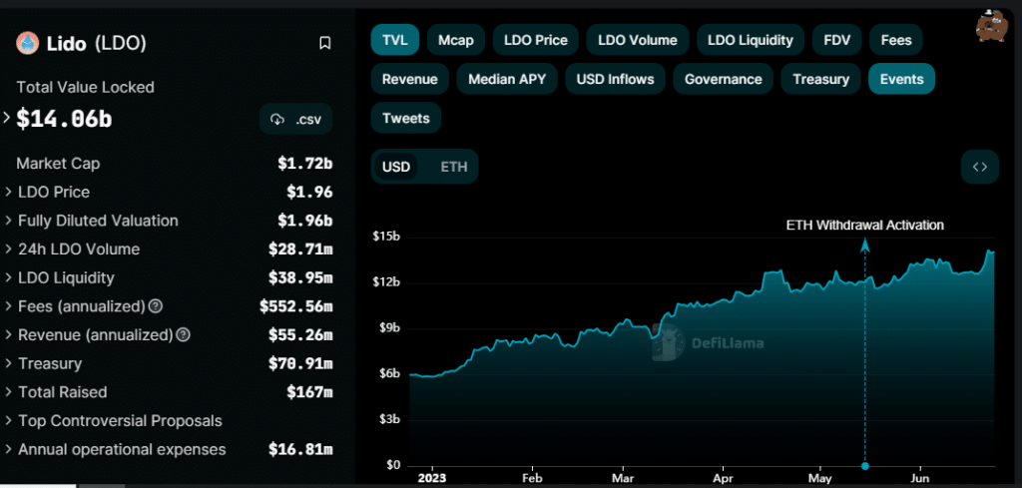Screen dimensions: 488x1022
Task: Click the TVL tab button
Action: (x=394, y=40)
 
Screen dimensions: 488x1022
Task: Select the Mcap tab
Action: (x=456, y=40)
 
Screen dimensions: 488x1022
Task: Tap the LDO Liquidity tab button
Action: (x=750, y=40)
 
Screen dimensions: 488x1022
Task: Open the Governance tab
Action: (x=723, y=79)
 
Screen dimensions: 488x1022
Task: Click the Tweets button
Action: (x=405, y=118)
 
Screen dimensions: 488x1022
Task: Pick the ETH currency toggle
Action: (x=454, y=167)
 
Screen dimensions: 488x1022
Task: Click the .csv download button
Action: (x=296, y=120)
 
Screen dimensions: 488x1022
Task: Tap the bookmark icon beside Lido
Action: (x=324, y=43)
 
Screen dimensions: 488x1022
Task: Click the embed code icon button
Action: (x=979, y=167)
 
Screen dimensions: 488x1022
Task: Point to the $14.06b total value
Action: (x=64, y=120)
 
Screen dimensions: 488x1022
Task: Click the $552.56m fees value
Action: (x=296, y=306)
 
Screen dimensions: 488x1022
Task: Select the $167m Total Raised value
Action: (x=309, y=392)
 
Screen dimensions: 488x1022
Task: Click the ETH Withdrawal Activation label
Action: (x=864, y=226)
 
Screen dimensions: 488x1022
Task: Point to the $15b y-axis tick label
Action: (x=385, y=237)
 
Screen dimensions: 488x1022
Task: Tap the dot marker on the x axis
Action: (x=865, y=465)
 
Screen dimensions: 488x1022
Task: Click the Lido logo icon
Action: (x=27, y=43)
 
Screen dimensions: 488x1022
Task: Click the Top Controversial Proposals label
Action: (x=120, y=421)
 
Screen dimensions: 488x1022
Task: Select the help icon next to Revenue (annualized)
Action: (x=183, y=335)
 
